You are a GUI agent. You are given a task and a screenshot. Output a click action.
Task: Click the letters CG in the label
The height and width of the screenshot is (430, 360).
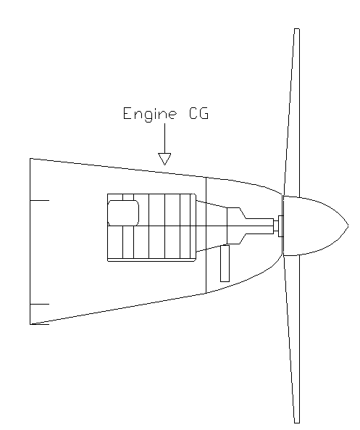[199, 113]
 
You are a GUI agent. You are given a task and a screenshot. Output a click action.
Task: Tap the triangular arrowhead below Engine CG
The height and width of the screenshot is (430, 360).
[164, 159]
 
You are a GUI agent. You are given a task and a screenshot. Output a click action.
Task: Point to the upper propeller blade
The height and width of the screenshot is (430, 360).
[292, 112]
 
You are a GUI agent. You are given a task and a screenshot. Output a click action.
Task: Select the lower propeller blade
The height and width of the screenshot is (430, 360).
[292, 339]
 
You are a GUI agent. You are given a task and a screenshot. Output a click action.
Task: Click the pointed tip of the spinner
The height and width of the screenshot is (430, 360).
[348, 226]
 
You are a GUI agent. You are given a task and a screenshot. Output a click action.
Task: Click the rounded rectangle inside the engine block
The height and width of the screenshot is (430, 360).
[123, 212]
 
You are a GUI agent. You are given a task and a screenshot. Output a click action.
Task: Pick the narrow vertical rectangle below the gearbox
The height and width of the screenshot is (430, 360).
[225, 263]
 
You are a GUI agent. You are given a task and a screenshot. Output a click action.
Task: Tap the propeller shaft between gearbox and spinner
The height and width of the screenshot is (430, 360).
[260, 226]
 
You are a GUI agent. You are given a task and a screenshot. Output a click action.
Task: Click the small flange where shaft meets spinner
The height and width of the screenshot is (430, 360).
[280, 226]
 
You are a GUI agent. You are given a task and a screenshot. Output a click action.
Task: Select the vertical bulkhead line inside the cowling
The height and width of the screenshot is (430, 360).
[206, 235]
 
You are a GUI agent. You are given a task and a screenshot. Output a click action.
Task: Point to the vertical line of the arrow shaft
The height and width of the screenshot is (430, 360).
[164, 138]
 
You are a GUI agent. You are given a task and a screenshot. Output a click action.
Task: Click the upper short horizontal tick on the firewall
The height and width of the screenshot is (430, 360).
[39, 200]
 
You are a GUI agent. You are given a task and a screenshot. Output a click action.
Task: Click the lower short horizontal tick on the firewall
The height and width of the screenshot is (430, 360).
[39, 304]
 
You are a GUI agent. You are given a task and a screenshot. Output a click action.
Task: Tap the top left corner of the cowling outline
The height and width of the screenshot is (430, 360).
[30, 158]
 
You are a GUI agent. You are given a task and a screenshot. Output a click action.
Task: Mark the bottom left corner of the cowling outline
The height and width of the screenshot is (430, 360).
[30, 324]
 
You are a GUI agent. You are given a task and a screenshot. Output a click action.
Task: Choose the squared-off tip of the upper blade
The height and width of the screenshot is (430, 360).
[297, 28]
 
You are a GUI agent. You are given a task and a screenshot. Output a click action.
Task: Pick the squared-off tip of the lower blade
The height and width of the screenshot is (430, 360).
[297, 423]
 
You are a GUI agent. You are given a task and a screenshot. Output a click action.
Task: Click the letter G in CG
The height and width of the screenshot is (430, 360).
[204, 113]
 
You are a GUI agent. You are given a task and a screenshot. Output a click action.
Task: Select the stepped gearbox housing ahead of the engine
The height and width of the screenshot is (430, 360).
[236, 226]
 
